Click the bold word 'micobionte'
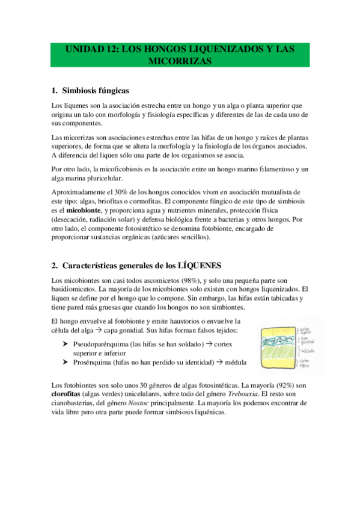click(x=84, y=211)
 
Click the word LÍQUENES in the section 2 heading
click(x=198, y=265)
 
